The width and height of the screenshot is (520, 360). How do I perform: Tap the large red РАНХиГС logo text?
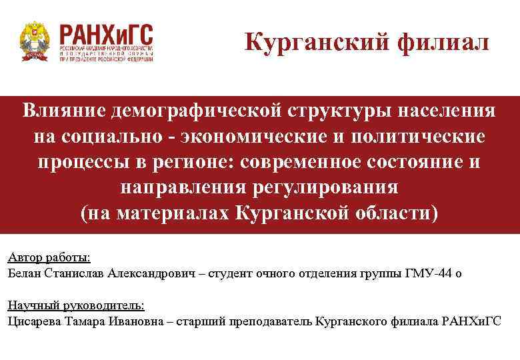106,33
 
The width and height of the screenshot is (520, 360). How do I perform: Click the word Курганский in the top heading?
316,43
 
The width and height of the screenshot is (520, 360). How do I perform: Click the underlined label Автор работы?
49,258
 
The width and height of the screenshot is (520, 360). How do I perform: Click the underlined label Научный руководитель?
75,306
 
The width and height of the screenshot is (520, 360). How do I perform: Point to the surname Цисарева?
33,321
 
